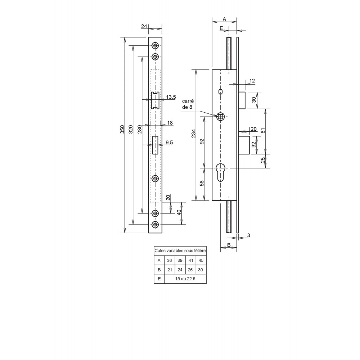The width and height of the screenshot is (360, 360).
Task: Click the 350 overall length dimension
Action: coord(122,130)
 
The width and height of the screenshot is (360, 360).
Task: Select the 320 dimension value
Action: coord(131,130)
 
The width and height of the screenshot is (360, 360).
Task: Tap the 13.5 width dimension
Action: coord(171,97)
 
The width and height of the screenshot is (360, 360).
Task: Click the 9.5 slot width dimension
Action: coord(169,143)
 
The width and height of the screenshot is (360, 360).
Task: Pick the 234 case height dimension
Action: coord(194,134)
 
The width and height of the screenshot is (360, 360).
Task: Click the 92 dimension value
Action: coord(202,141)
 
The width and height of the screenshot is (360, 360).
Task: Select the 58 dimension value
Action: coord(202,183)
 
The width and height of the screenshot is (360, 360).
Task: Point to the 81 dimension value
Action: coord(264,130)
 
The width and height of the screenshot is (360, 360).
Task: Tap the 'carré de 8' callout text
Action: coord(188,104)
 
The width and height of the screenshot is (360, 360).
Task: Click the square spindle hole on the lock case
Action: coord(221,117)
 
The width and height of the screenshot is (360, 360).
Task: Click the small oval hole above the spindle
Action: coord(221,92)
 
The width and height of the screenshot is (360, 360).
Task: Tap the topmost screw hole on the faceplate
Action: coord(156,45)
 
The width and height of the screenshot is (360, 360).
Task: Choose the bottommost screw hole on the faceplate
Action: coord(156,225)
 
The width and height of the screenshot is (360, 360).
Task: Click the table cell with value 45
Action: coord(201,260)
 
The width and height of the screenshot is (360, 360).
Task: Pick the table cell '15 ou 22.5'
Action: coord(185,279)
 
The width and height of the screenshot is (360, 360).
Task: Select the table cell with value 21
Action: coord(170,270)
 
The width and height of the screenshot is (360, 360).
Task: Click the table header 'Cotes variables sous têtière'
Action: coord(180,251)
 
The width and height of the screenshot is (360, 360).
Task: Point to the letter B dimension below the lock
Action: coord(229,245)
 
